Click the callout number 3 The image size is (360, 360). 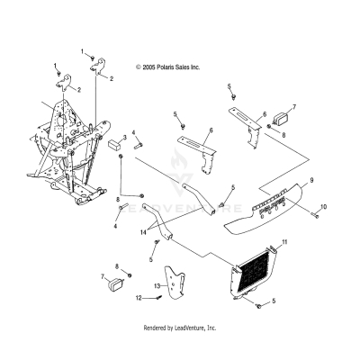(x=125, y=138)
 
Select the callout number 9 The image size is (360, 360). (x=311, y=180)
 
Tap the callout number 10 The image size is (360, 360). (x=323, y=207)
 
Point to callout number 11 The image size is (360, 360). (x=284, y=242)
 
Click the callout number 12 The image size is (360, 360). (x=139, y=298)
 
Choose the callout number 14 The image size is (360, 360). (x=143, y=232)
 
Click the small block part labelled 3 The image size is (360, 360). (x=113, y=144)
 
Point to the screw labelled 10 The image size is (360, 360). (x=314, y=214)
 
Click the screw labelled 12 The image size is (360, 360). (x=158, y=297)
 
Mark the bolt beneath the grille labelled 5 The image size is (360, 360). (x=258, y=306)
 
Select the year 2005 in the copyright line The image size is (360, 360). (x=148, y=67)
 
